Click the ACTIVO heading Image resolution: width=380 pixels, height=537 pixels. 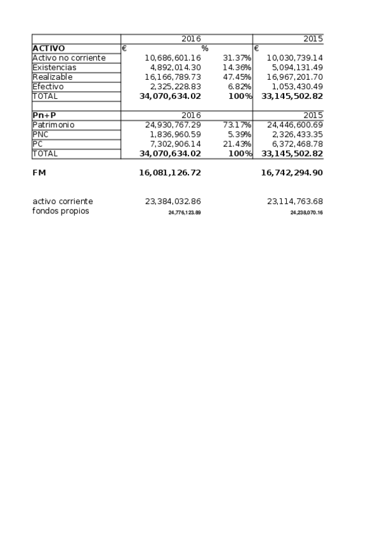[x=49, y=48]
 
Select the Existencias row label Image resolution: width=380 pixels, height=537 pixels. [x=55, y=67]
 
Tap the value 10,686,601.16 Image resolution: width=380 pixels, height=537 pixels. [x=173, y=58]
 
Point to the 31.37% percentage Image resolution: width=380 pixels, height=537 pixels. [x=237, y=58]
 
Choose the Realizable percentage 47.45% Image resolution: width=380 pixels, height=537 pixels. [x=237, y=77]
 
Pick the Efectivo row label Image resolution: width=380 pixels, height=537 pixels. [x=48, y=86]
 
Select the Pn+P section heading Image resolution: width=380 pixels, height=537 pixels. [x=44, y=115]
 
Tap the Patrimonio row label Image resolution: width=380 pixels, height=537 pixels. [x=53, y=125]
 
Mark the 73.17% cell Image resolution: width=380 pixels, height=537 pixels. [x=237, y=125]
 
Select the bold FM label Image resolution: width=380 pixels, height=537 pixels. [x=39, y=172]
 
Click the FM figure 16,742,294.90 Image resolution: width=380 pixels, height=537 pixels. [x=292, y=172]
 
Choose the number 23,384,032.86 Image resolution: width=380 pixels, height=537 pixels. [x=173, y=201]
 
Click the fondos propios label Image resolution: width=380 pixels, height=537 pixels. [x=61, y=211]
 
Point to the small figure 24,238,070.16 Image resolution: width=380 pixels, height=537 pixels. [x=306, y=213]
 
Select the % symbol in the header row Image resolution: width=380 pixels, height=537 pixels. [x=205, y=48]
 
